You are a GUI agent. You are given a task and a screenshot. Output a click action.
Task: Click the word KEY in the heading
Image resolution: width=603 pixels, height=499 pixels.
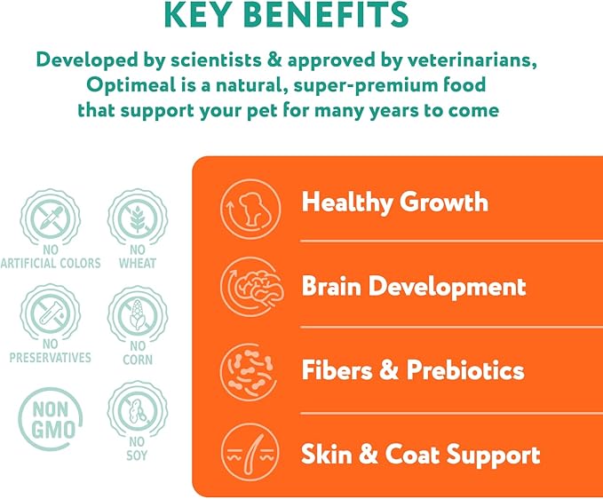click(198, 14)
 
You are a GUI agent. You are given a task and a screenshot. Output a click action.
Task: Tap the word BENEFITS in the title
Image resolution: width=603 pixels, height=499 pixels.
click(326, 14)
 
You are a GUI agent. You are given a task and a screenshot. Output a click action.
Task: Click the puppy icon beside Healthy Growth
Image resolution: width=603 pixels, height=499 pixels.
click(250, 210)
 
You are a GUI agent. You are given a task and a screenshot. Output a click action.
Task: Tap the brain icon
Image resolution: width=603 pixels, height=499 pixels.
click(252, 287)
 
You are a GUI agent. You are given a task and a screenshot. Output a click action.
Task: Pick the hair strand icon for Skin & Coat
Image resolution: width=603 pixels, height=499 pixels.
click(250, 453)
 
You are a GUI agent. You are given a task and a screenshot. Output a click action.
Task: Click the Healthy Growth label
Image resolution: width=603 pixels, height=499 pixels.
click(395, 202)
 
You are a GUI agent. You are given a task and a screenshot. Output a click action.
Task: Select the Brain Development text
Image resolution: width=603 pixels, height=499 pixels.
click(414, 287)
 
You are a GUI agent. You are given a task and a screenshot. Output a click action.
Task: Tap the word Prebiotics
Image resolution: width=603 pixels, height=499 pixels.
click(465, 370)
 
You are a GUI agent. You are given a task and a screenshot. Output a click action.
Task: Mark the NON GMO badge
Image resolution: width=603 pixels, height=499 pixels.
click(51, 419)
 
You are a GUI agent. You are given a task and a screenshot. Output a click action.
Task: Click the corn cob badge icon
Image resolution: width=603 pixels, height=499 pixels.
click(138, 314)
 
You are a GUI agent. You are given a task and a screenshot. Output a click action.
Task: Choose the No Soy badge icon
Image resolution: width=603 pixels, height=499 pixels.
click(138, 410)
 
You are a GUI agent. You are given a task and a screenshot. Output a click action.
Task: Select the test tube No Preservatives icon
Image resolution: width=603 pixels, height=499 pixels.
click(51, 313)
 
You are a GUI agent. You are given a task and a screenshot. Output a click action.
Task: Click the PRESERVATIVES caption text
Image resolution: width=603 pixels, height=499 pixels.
click(51, 358)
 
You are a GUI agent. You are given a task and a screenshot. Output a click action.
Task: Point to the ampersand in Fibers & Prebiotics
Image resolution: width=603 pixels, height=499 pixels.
click(389, 370)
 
